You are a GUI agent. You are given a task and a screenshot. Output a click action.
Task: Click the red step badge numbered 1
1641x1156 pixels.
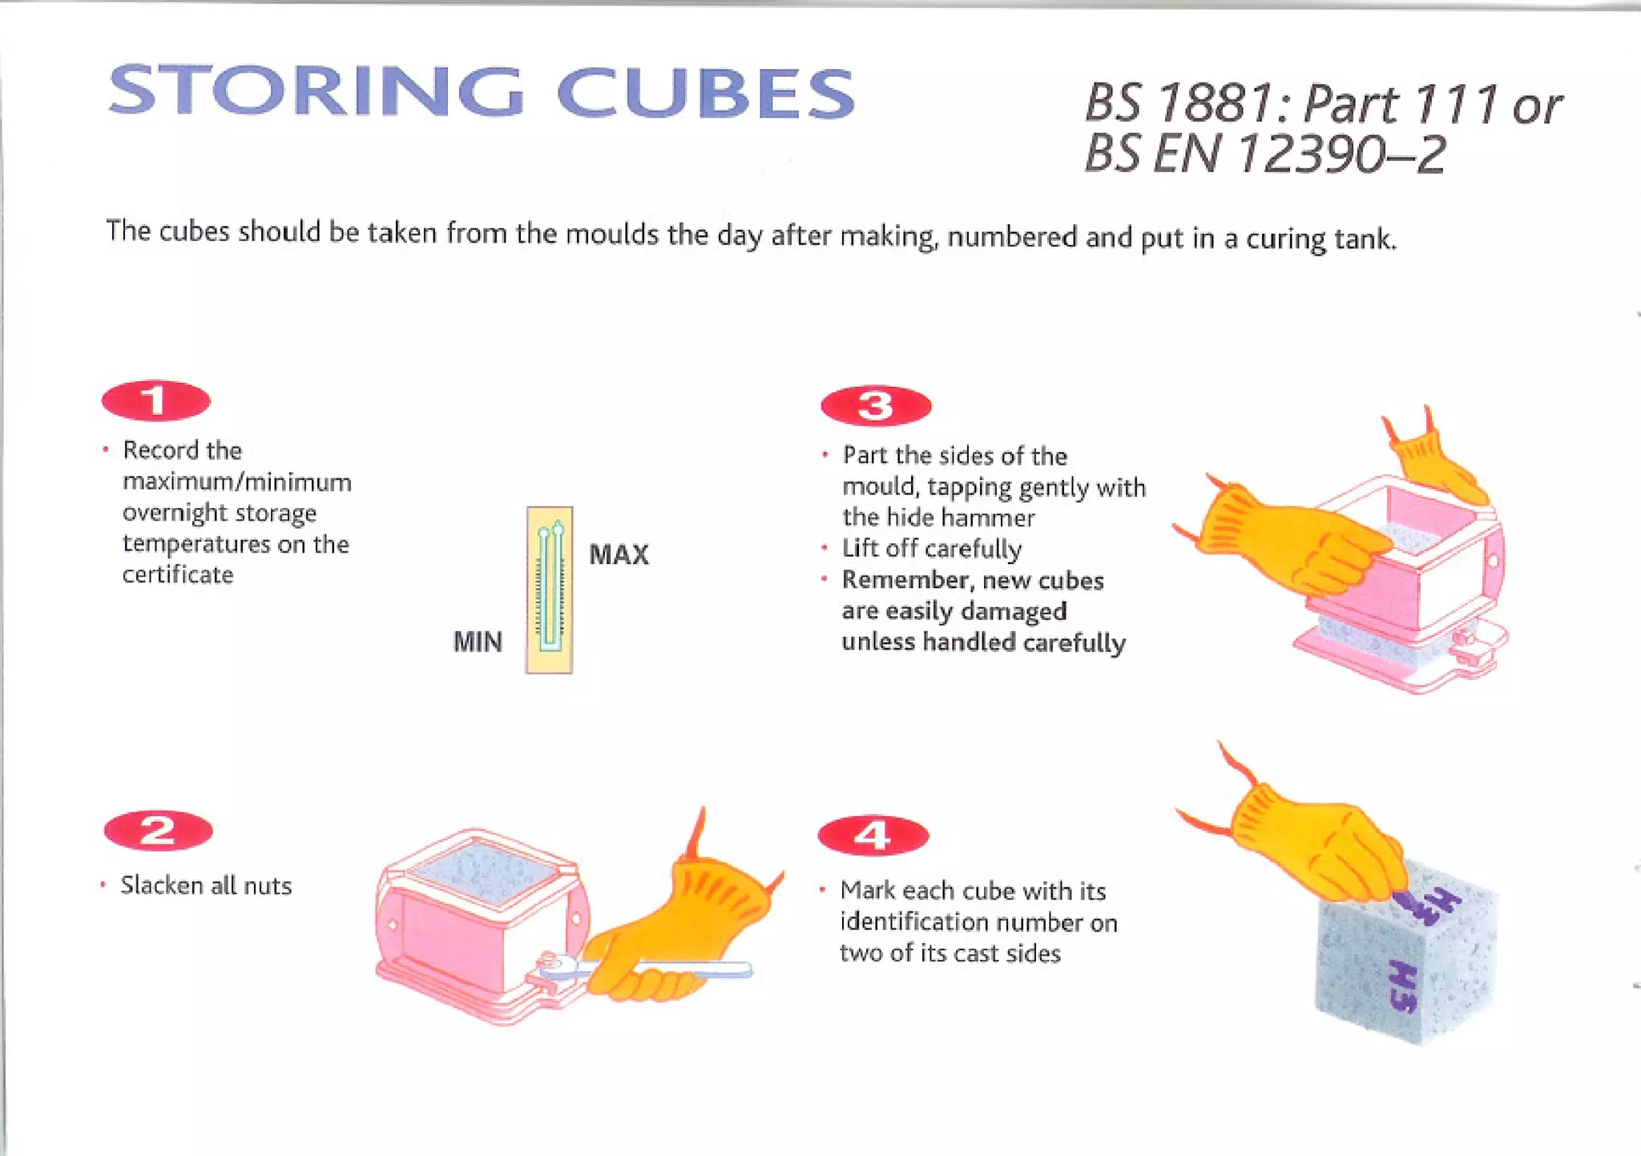156,401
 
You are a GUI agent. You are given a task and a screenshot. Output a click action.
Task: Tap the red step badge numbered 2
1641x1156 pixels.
159,830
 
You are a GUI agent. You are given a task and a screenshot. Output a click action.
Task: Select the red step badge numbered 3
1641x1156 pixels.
876,406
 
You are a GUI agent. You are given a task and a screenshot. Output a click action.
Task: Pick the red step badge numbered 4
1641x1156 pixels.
873,836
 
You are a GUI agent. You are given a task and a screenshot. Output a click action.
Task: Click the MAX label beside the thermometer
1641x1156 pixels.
619,554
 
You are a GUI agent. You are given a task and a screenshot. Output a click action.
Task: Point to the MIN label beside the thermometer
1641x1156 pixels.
478,642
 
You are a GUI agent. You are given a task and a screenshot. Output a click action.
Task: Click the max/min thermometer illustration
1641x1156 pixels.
550,590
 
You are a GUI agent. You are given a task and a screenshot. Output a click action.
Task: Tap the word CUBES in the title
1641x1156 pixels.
706,92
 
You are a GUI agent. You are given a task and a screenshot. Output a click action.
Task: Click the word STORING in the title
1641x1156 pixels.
316,90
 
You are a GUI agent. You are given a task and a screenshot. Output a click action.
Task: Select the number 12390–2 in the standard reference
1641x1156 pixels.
1342,154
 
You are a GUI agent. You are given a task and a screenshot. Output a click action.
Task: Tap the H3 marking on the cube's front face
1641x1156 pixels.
1403,986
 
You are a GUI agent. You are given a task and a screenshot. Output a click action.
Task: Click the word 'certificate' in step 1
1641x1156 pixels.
178,575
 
